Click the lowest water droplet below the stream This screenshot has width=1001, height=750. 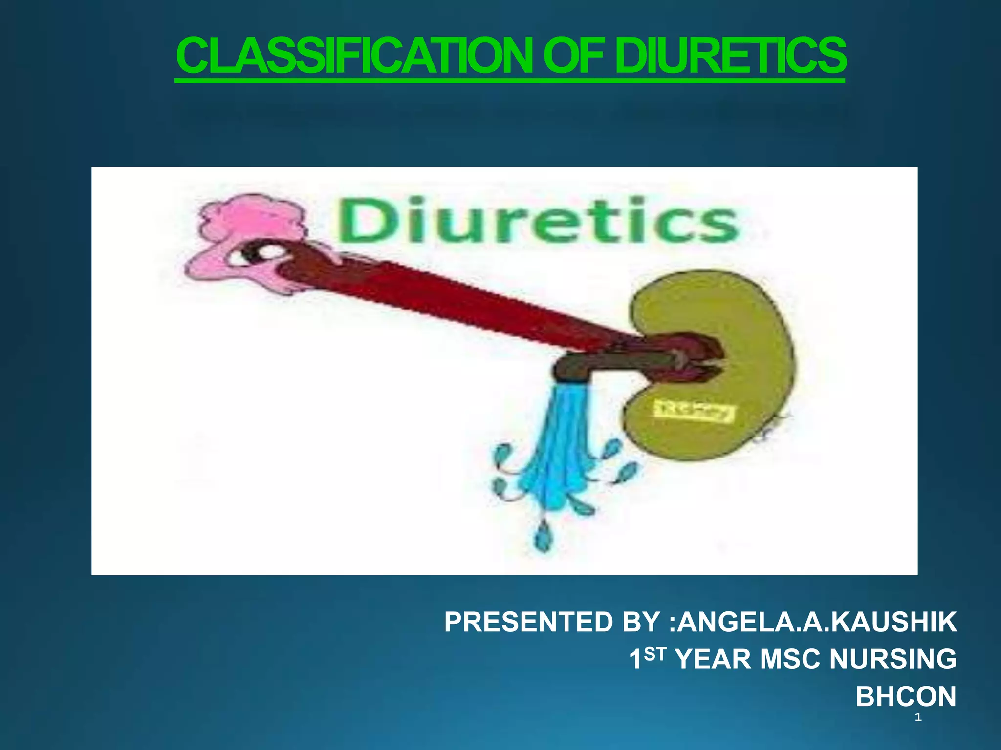pyautogui.click(x=542, y=538)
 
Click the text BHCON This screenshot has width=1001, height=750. pyautogui.click(x=906, y=696)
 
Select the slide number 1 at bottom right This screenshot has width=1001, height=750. pyautogui.click(x=918, y=717)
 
